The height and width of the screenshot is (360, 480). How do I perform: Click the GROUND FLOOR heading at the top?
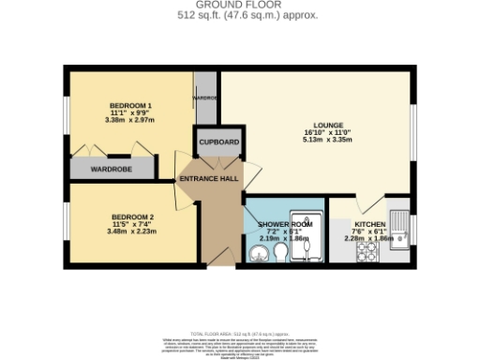(239, 5)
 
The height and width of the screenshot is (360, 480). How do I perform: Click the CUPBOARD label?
(217, 142)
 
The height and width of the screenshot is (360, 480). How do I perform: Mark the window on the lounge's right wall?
(412, 117)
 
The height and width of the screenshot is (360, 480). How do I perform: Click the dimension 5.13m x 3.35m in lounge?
(327, 139)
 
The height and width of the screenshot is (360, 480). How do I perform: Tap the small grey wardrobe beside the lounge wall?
(203, 98)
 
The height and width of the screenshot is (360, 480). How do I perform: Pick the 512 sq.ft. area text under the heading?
(239, 15)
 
